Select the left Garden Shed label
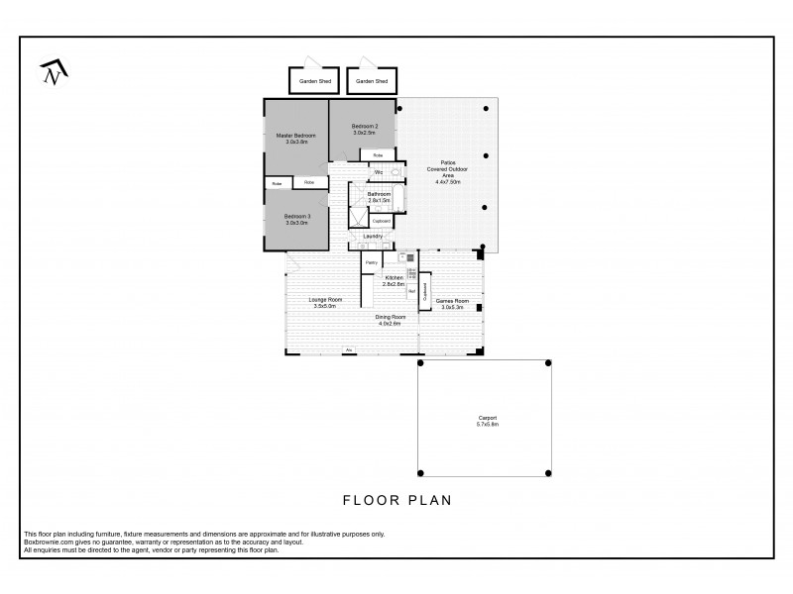coord(313,81)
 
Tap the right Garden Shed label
coord(372,81)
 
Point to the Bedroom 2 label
coord(365,127)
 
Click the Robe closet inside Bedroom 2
coord(378,155)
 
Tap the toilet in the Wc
coord(396,173)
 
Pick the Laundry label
coord(373,237)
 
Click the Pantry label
coord(371,262)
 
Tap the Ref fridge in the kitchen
coord(411,291)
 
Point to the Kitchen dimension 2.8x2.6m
coord(395,284)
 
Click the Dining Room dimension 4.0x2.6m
coord(389,324)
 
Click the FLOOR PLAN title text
coord(396,500)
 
